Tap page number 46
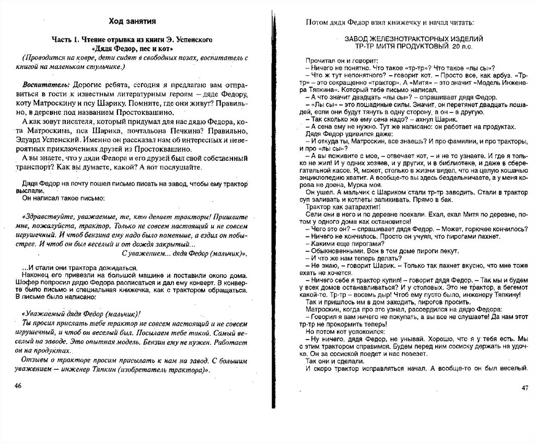point(18,386)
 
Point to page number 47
point(525,388)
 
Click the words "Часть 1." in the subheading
point(65,40)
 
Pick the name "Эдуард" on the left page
point(32,141)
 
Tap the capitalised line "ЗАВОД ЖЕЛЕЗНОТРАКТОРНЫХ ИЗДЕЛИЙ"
point(413,39)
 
